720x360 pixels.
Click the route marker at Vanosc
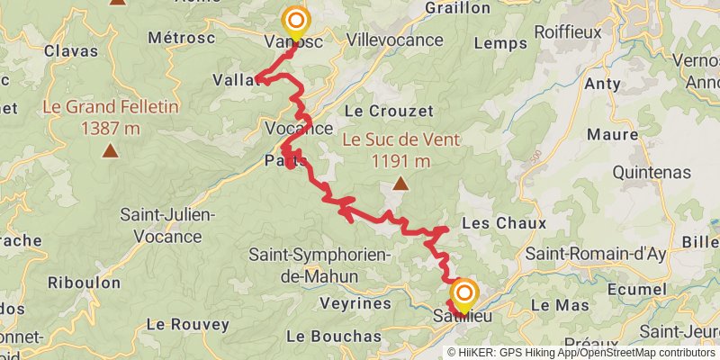coord(295,21)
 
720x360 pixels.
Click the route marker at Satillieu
coord(464,293)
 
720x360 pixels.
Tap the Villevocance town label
coord(395,40)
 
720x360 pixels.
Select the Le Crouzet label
coord(389,111)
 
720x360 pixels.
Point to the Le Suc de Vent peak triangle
coord(400,185)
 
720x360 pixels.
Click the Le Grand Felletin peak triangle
coord(110,150)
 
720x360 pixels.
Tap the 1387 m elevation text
coord(110,128)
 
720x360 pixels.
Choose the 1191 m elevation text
coord(400,161)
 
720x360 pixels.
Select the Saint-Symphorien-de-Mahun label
coord(319,265)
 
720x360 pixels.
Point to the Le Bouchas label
coord(334,336)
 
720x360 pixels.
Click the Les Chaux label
coord(490,221)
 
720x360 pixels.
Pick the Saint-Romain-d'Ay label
coord(595,254)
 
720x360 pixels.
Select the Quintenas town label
coord(651,172)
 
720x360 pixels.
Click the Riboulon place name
coord(85,283)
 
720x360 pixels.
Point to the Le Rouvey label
coord(182,323)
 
